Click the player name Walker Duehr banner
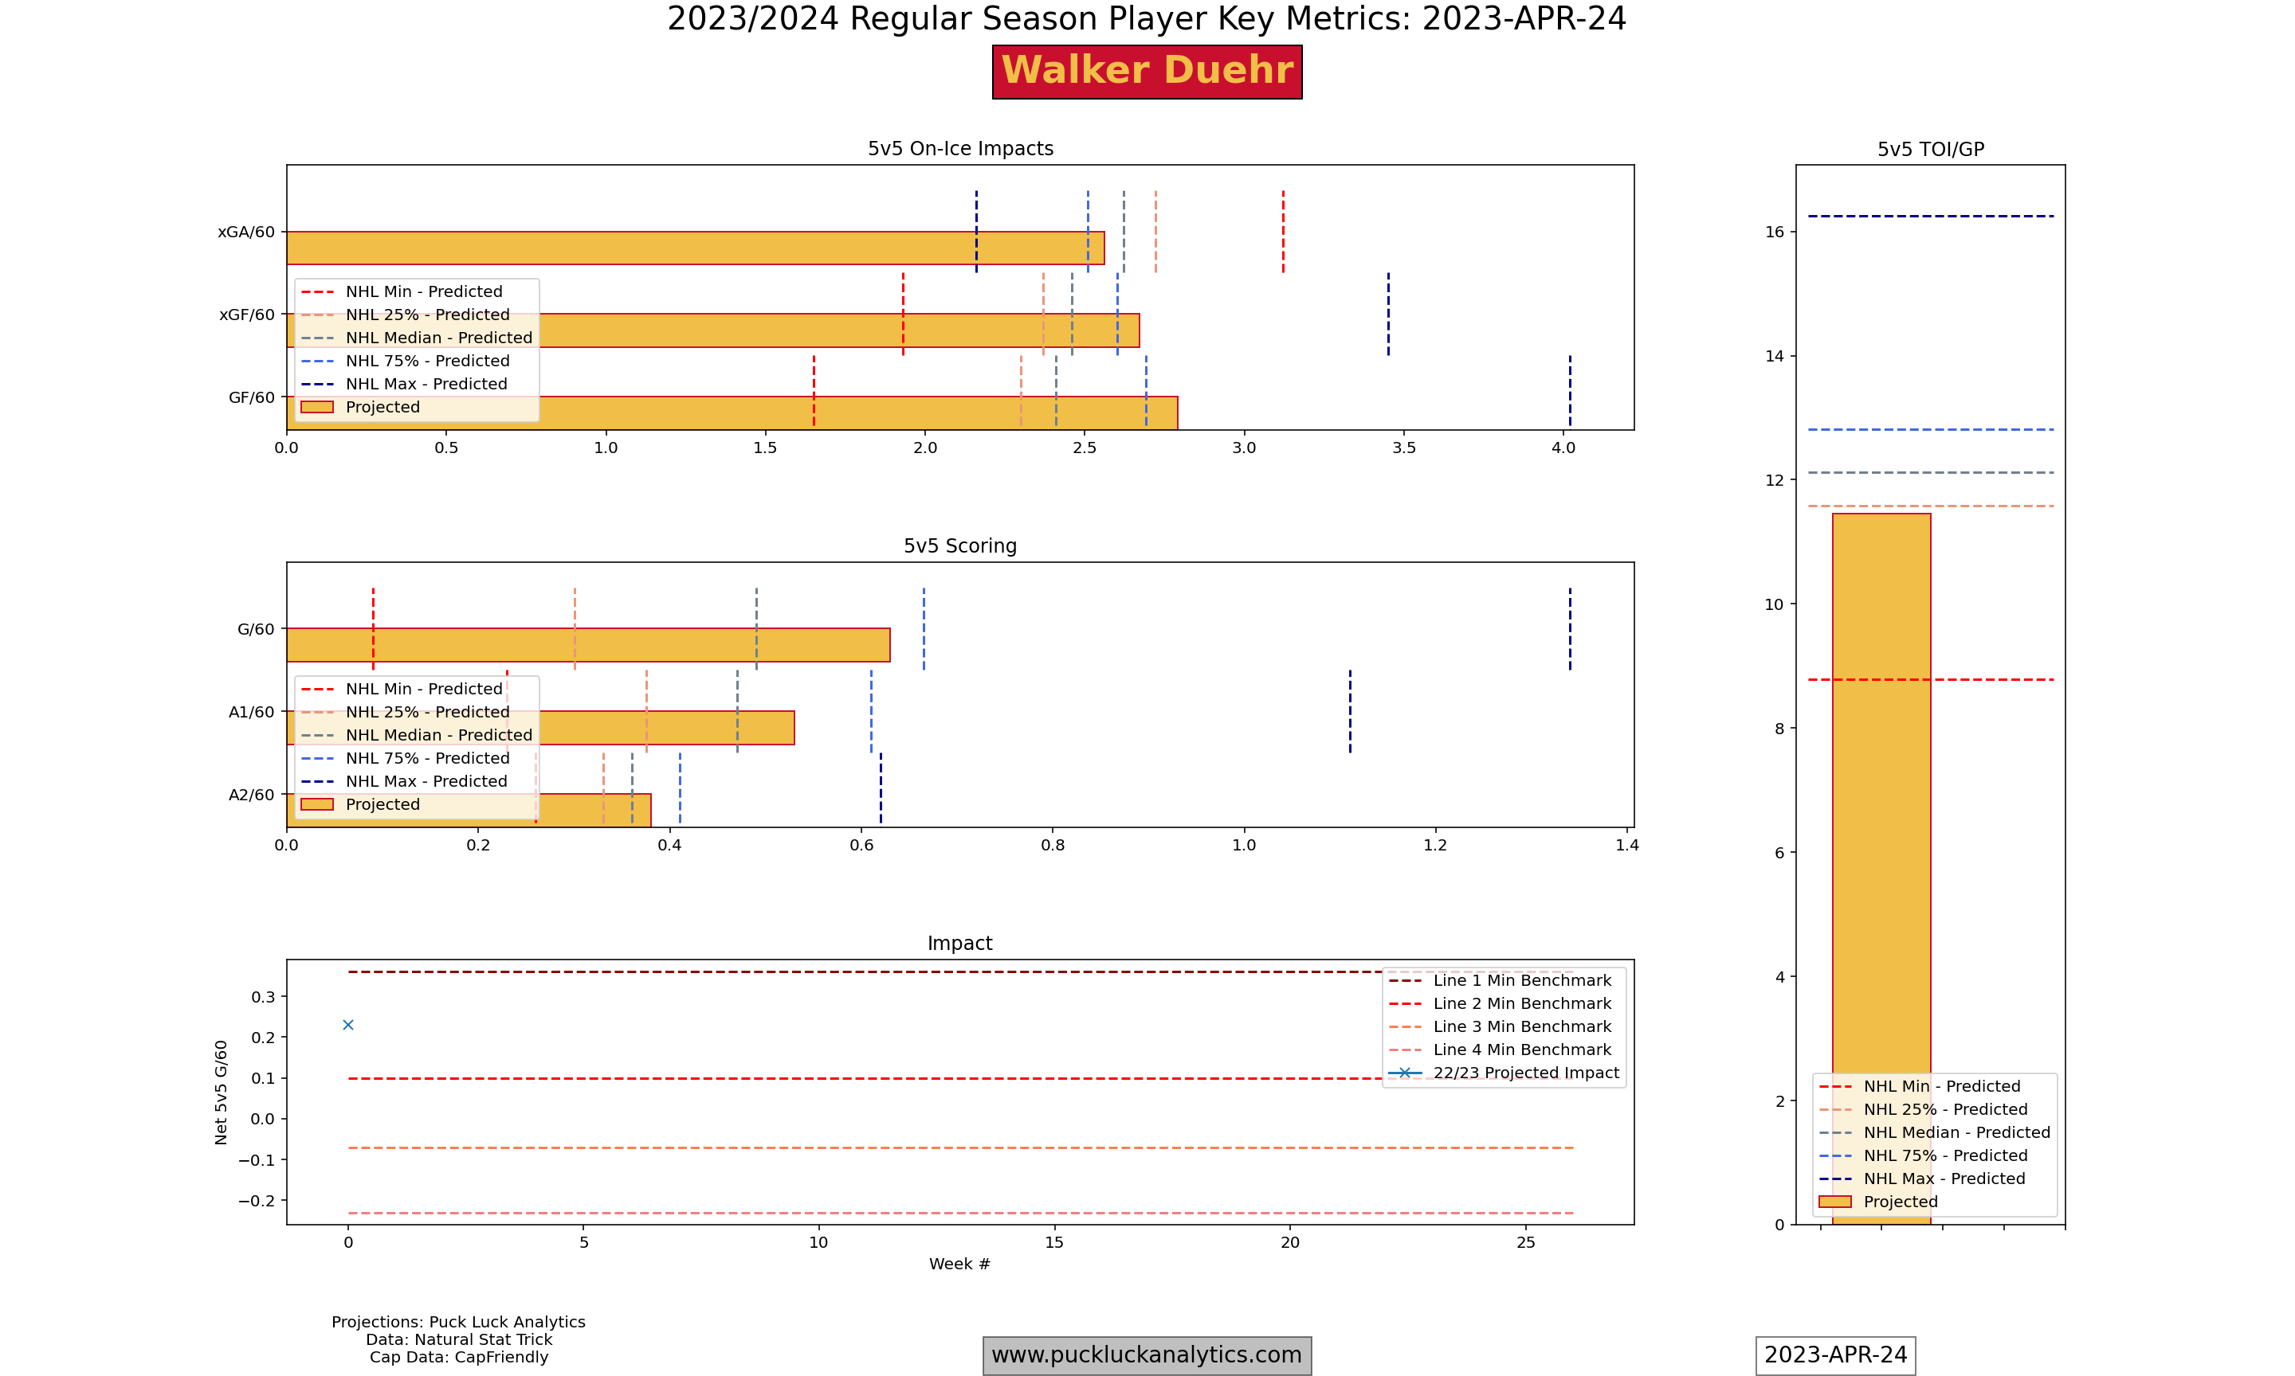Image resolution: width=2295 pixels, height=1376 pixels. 1147,72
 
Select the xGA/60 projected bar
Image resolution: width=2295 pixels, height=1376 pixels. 695,248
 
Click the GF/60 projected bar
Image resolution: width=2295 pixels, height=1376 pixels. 835,413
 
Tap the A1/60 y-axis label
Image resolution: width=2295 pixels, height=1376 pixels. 251,712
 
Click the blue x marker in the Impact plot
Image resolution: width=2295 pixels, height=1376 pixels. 348,1025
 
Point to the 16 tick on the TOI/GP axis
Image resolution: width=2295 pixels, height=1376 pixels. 1774,232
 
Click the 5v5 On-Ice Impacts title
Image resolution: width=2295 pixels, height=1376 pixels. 960,148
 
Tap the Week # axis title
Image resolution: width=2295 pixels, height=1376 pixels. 959,1264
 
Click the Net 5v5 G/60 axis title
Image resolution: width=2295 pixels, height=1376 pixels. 221,1092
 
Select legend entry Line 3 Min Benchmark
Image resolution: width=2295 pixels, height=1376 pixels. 1521,1026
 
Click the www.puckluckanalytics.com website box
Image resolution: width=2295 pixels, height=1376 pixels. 1147,1354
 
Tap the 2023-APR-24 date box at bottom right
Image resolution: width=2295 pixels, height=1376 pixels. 1835,1354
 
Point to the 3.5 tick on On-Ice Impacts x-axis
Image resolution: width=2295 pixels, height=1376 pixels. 1403,448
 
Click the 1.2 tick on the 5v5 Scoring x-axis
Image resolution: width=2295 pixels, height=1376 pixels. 1435,845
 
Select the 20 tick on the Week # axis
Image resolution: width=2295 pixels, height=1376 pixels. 1289,1242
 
